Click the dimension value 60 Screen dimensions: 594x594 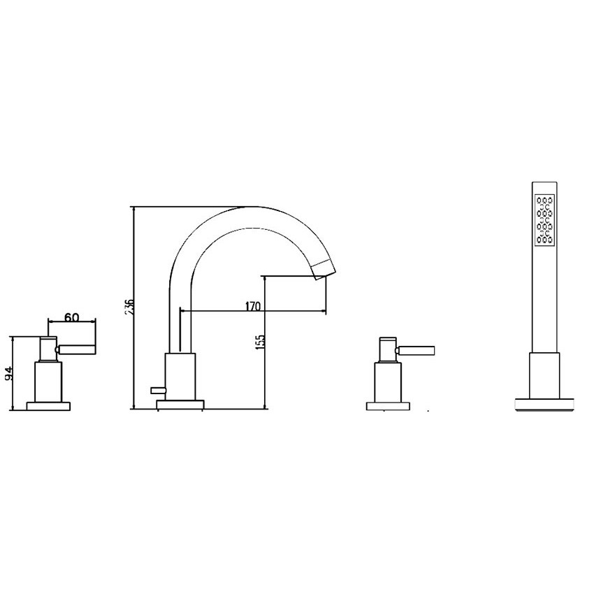point(71,317)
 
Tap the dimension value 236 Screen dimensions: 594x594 point(129,307)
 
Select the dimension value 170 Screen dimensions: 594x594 point(253,306)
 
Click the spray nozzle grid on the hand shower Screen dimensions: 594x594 point(545,219)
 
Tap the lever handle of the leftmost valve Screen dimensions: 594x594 point(77,349)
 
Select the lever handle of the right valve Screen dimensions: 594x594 point(416,350)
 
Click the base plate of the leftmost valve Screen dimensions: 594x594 point(48,406)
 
